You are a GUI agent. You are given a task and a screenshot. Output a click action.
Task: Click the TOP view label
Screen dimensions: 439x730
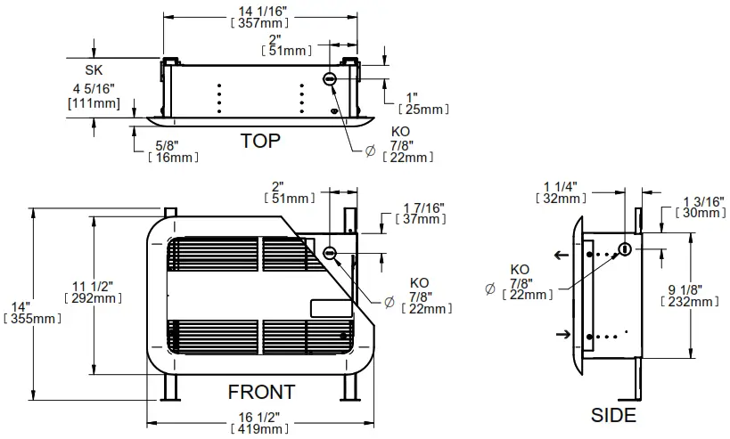pos(260,141)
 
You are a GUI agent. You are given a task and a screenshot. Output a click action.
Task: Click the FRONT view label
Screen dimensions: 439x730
pos(261,392)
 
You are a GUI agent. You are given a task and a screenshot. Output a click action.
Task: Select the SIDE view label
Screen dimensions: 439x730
pos(614,415)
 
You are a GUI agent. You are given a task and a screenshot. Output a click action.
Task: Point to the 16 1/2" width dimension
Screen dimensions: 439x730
pos(262,417)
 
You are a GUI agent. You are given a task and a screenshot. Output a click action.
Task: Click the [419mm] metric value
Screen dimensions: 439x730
pos(262,429)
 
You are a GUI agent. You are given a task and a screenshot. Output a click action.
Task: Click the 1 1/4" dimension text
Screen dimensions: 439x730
pos(561,186)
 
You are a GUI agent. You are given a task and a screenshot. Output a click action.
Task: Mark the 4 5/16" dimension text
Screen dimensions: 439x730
pos(94,90)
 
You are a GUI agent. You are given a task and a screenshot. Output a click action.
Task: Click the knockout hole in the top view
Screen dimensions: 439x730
pos(330,79)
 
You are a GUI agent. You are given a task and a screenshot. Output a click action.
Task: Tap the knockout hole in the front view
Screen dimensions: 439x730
pos(330,253)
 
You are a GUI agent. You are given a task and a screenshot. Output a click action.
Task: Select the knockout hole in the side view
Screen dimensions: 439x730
pos(625,249)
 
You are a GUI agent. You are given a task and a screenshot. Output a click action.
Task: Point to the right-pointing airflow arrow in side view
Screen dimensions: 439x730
pos(562,334)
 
